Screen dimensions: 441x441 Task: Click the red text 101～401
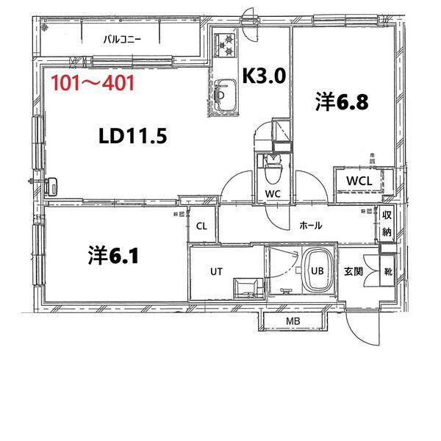pyautogui.click(x=93, y=82)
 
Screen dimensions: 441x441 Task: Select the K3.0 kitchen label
pyautogui.click(x=263, y=74)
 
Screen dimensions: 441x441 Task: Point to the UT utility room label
pyautogui.click(x=216, y=271)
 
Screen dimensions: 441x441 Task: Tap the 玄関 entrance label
pyautogui.click(x=354, y=271)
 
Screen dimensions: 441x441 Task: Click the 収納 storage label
pyautogui.click(x=387, y=224)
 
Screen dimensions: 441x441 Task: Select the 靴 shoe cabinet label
pyautogui.click(x=387, y=271)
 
